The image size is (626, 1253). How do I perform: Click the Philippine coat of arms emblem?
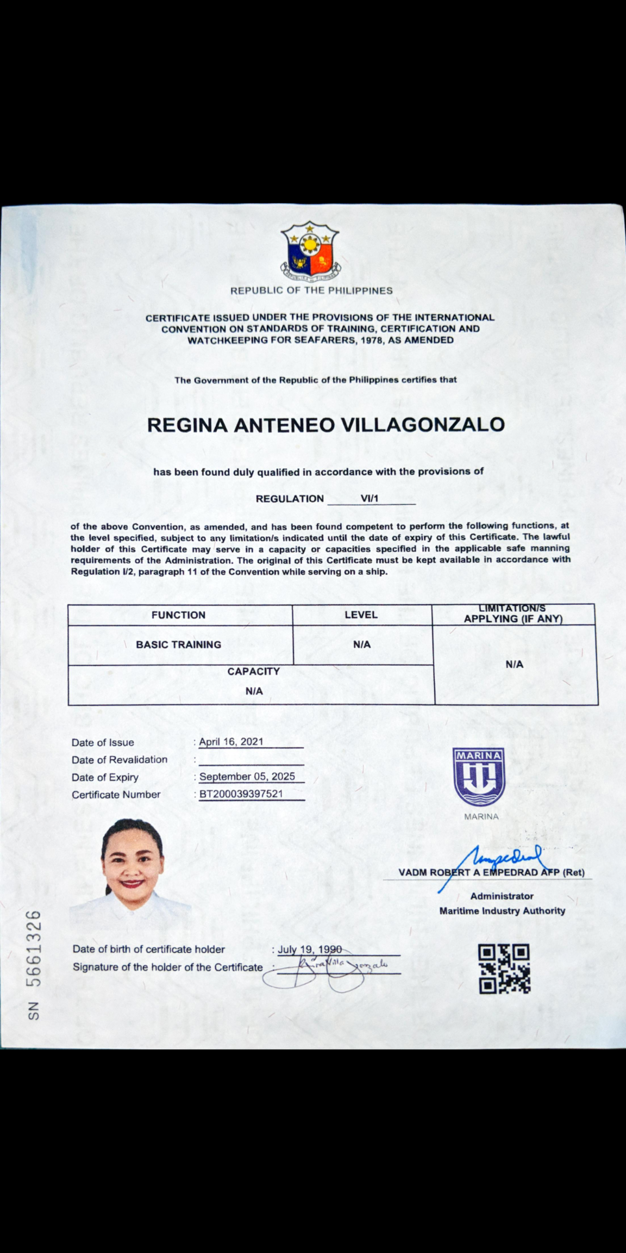pos(310,251)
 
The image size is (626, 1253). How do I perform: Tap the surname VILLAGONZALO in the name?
pos(422,425)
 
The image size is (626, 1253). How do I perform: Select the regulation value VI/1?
pos(369,498)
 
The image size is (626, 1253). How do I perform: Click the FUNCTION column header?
pos(178,615)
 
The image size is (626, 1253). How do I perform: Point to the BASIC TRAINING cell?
pos(178,644)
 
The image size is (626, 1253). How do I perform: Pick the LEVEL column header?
pos(361,615)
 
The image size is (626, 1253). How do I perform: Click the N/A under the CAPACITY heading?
pos(254,691)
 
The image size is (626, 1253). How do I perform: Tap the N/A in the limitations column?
pos(514,665)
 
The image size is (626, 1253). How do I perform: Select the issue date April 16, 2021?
pos(231,742)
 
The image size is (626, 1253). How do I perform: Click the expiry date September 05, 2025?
pos(247,777)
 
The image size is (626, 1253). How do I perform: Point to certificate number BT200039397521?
pos(241,794)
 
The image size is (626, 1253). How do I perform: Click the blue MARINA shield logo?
pos(479,777)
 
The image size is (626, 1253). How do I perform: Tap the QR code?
pos(504,969)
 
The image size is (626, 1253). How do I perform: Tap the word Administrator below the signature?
pos(502,896)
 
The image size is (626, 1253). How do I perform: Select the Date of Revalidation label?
pos(120,760)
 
